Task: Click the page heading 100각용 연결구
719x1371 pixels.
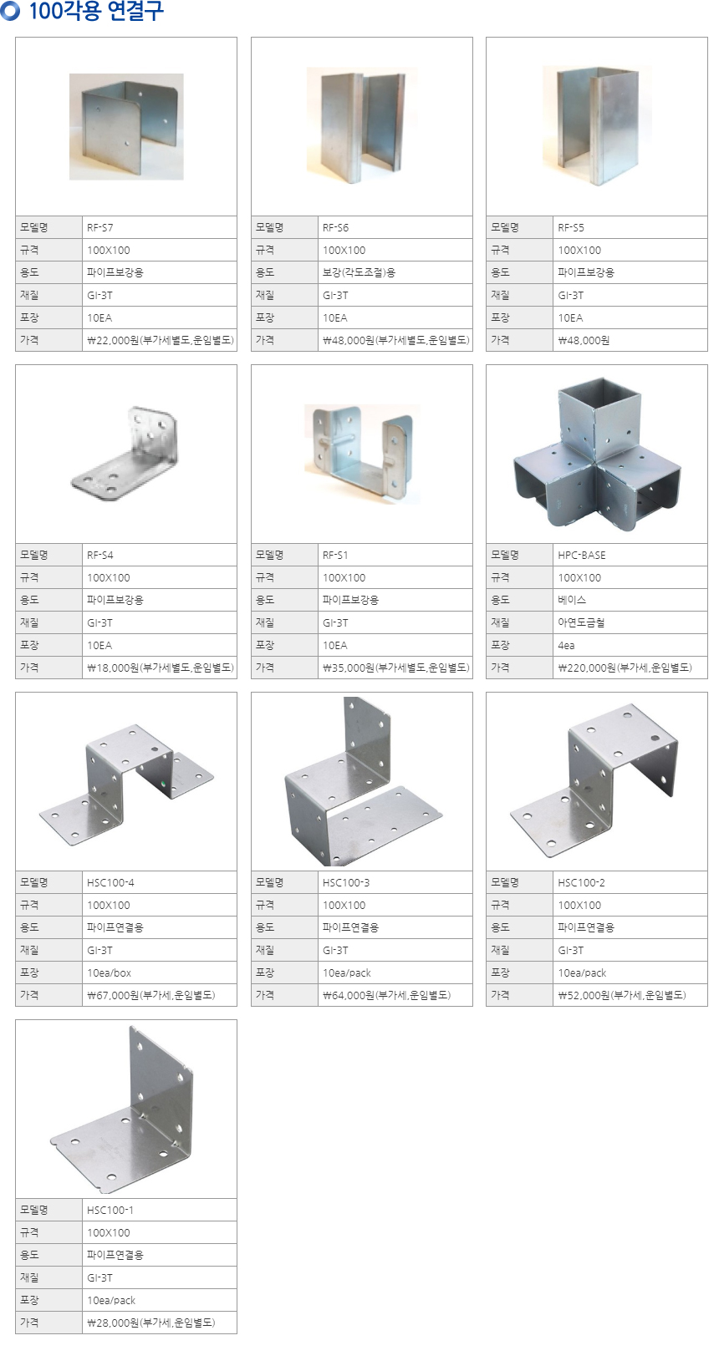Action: click(96, 11)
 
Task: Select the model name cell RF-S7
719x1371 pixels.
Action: click(159, 228)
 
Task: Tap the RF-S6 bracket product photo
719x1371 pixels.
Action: click(362, 125)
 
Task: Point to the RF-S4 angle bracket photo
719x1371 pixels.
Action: click(125, 452)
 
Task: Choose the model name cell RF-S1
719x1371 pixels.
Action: click(395, 555)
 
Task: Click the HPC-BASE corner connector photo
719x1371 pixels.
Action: click(596, 454)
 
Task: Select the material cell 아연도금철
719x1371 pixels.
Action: click(630, 622)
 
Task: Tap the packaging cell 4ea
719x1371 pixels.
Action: click(630, 645)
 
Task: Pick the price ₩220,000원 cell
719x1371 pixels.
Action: click(630, 668)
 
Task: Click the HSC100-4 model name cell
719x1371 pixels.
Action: click(159, 882)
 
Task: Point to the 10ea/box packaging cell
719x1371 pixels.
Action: click(159, 972)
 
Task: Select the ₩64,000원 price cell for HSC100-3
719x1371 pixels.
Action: click(395, 995)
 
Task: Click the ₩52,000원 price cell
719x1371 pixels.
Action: click(630, 995)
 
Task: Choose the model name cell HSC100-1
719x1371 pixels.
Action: click(159, 1210)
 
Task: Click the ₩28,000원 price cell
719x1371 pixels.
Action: click(159, 1323)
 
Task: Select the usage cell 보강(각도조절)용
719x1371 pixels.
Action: click(395, 272)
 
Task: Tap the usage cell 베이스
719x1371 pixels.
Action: click(630, 600)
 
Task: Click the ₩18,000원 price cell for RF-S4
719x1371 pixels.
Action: click(159, 668)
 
